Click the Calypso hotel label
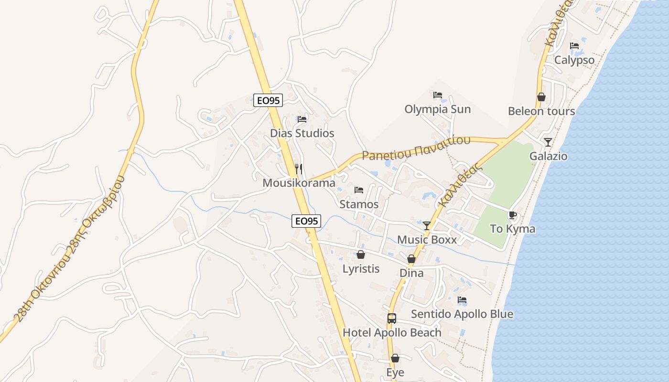pos(574,60)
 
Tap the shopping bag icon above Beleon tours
pos(541,97)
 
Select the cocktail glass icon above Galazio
pos(548,142)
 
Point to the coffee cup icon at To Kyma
pos(513,215)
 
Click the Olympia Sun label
pos(437,109)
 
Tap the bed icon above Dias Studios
pos(302,119)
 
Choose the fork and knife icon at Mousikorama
pos(299,169)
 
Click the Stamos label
pos(359,204)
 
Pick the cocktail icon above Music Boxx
pos(427,225)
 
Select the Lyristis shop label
pos(361,269)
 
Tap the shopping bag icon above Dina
pos(411,259)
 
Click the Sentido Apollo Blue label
pos(462,314)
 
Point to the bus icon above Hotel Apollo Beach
pos(392,318)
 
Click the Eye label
pos(395,372)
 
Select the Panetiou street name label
pos(416,148)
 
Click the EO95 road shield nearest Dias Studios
pos(268,100)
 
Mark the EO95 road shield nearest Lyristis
pos(306,221)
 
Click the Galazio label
pos(548,156)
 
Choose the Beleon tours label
pos(541,111)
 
